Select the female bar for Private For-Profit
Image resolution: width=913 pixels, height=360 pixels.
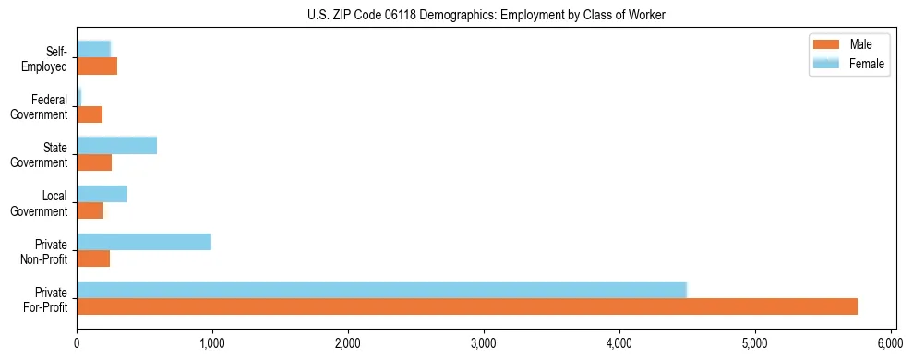pyautogui.click(x=381, y=289)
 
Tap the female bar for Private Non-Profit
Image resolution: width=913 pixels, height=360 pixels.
pyautogui.click(x=144, y=242)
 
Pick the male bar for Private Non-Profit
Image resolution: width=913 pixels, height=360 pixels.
pyautogui.click(x=93, y=259)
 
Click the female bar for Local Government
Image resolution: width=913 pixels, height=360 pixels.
pyautogui.click(x=102, y=194)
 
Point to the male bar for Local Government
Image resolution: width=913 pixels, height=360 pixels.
pyautogui.click(x=90, y=211)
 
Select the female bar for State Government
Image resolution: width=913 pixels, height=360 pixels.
pyautogui.click(x=116, y=146)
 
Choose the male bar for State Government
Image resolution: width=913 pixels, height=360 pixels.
pyautogui.click(x=94, y=162)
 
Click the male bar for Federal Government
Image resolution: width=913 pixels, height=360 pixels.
pyautogui.click(x=90, y=114)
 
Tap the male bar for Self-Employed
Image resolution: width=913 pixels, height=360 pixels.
pyautogui.click(x=97, y=66)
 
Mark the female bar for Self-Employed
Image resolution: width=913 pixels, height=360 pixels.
pyautogui.click(x=93, y=49)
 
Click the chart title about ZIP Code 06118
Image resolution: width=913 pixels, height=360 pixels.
pyautogui.click(x=487, y=15)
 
